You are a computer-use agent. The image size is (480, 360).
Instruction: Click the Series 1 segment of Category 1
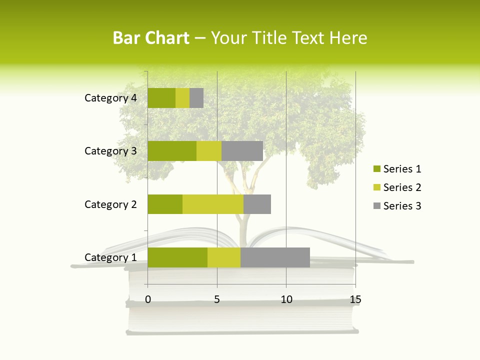point(177,257)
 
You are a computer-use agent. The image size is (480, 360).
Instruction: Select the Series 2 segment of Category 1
point(224,257)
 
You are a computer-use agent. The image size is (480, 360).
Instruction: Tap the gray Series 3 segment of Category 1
point(275,257)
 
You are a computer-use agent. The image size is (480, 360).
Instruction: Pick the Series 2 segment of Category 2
point(213,204)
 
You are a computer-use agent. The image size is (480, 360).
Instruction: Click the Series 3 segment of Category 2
point(257,204)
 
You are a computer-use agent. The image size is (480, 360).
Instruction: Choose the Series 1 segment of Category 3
point(172,151)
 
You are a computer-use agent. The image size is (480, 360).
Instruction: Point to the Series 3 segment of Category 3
point(242,151)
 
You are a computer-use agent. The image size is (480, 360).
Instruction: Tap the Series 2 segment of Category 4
point(182,98)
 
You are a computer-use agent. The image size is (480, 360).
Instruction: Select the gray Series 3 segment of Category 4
point(196,98)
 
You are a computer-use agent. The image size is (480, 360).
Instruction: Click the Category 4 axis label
point(110,98)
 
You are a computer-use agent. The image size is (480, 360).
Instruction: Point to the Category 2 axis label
point(110,204)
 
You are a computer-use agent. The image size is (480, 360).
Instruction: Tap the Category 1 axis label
point(110,257)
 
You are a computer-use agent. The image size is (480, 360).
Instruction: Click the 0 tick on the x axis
point(148,299)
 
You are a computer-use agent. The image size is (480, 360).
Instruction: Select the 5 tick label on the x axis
point(217,299)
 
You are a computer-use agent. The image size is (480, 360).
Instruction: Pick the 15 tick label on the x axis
point(355,299)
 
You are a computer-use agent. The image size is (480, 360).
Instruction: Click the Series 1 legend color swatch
point(376,169)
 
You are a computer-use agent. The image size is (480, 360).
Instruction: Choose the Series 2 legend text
point(402,187)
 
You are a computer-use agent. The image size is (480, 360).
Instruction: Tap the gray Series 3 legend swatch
point(376,206)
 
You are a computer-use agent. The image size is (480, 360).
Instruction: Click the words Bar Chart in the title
point(151,38)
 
